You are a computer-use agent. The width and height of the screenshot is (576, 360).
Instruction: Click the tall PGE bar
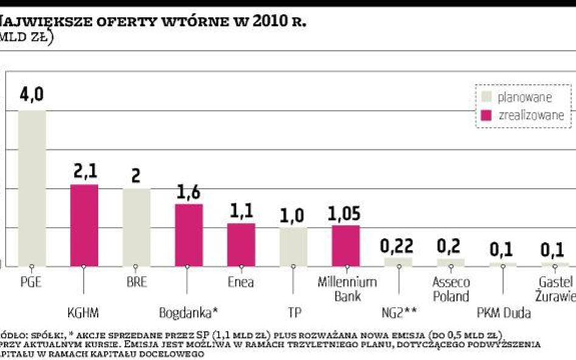[32, 188]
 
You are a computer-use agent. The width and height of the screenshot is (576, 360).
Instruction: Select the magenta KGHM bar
[84, 225]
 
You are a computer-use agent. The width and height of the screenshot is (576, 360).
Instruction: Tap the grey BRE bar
[136, 227]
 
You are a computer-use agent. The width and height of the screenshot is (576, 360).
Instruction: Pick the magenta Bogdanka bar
[188, 235]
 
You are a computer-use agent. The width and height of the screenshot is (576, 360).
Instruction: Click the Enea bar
[241, 245]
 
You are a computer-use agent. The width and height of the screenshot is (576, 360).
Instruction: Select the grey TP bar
[293, 246]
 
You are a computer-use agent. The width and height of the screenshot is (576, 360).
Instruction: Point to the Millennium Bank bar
[346, 245]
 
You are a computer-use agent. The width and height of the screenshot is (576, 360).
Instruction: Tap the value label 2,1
[84, 172]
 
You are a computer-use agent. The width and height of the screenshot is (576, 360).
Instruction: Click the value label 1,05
[345, 213]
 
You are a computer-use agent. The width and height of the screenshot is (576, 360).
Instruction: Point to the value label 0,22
[398, 246]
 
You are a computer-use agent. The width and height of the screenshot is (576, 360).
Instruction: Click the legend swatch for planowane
[485, 97]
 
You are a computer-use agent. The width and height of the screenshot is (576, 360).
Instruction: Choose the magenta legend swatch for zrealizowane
[485, 115]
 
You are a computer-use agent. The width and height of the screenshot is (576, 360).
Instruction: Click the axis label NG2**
[397, 313]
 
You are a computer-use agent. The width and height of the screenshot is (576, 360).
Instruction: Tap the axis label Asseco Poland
[450, 289]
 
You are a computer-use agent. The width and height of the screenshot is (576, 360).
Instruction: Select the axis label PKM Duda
[503, 313]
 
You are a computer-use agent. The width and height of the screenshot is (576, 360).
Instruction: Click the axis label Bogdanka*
[188, 313]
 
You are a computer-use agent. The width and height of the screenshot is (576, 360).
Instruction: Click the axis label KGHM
[84, 313]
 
